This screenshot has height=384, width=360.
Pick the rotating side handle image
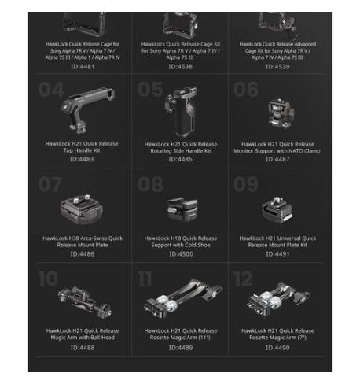[178, 112]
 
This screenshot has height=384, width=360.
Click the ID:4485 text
[180, 159]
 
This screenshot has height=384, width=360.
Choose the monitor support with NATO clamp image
[277, 114]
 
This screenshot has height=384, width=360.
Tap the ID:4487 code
[277, 159]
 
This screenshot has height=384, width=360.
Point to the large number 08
[149, 184]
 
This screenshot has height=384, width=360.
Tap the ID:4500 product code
[180, 253]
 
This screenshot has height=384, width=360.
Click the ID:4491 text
[277, 253]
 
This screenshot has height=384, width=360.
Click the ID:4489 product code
[180, 346]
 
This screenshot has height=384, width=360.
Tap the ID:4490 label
[277, 346]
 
